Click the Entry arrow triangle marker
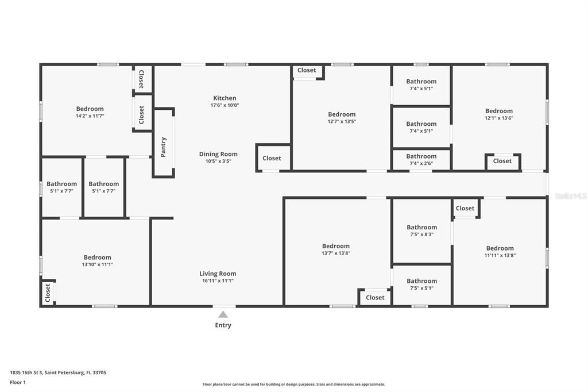click(x=223, y=314)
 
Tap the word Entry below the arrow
click(x=223, y=325)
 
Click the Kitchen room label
click(x=225, y=98)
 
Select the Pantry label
click(x=163, y=147)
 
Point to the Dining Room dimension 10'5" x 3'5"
click(x=218, y=161)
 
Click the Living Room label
click(x=218, y=274)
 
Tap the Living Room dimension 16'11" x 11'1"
click(x=218, y=280)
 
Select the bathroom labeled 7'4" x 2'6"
click(x=421, y=160)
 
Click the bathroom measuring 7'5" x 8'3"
click(x=421, y=230)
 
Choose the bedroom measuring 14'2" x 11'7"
click(x=90, y=112)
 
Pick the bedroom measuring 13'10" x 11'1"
click(x=97, y=260)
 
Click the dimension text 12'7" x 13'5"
click(x=342, y=121)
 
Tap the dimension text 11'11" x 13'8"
click(x=500, y=255)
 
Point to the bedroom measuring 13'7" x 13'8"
click(x=335, y=249)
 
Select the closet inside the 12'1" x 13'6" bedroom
click(x=502, y=162)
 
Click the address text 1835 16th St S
click(x=26, y=373)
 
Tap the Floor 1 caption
click(x=18, y=383)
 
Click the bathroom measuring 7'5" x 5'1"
click(x=421, y=285)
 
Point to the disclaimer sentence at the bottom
click(x=294, y=384)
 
